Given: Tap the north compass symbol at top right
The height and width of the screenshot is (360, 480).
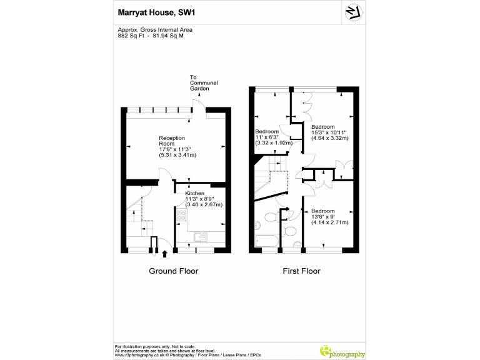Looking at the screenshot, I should [x=352, y=12].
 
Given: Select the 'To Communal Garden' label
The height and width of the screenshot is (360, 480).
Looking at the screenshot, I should [x=204, y=83].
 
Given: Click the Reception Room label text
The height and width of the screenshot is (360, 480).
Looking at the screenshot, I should [x=172, y=141].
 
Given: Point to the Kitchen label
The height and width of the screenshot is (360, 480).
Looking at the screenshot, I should [x=194, y=194].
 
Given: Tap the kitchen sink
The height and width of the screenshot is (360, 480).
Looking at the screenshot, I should [x=200, y=236].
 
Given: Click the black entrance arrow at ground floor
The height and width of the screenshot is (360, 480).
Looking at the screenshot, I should [x=164, y=254].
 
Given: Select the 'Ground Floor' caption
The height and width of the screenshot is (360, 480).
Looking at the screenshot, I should [x=173, y=271].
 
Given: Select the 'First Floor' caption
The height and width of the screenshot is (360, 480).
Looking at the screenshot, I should [x=302, y=271].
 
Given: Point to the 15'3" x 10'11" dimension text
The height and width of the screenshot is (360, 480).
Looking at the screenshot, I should [x=329, y=132].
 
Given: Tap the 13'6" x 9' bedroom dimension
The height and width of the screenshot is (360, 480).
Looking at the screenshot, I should [x=329, y=217].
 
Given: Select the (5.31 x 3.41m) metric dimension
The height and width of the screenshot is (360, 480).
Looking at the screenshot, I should [x=178, y=154].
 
